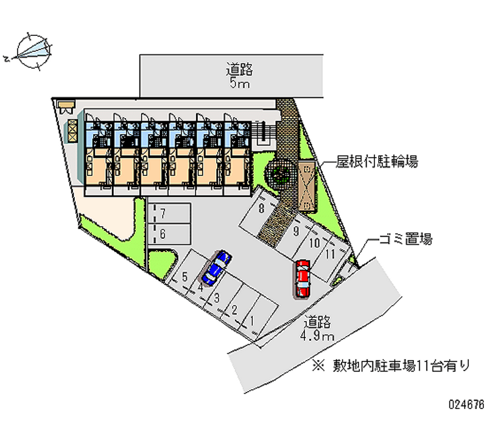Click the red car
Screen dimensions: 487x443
(x=302, y=277)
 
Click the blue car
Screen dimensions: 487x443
(x=216, y=267)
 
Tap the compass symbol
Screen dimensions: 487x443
(x=32, y=51)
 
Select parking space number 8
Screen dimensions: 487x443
(x=261, y=209)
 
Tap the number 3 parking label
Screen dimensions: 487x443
(x=216, y=297)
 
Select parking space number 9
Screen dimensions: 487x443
(x=295, y=231)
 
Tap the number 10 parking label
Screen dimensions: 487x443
(x=314, y=243)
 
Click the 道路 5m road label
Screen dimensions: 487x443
(x=239, y=76)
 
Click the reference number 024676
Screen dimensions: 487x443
(x=466, y=404)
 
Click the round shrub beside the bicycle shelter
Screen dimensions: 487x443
(x=282, y=175)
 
